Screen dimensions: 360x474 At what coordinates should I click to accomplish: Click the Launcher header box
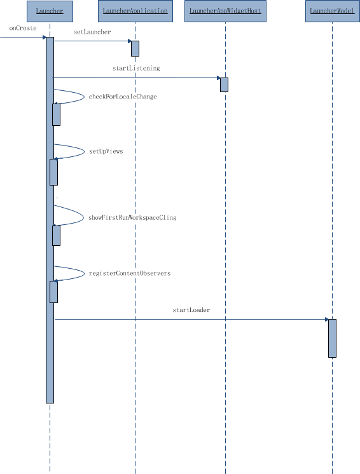tap(50, 11)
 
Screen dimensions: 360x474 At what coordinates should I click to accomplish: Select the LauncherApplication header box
tap(135, 11)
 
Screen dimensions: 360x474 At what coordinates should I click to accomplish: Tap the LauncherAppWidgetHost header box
tap(225, 11)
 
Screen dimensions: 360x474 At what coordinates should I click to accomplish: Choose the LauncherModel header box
tap(332, 11)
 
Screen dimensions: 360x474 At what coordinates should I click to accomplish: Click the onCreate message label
tap(23, 28)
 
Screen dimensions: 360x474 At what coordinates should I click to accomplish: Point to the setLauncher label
tap(92, 32)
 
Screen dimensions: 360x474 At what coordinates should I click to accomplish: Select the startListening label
tap(136, 69)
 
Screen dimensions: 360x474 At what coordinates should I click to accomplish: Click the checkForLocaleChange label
tap(123, 97)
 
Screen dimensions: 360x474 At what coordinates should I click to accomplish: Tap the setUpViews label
tap(106, 151)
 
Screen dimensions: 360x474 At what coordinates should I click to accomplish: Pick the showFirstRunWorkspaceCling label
tap(132, 217)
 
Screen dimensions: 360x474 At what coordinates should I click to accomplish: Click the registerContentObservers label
tap(130, 273)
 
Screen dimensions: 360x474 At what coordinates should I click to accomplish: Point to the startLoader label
tap(191, 310)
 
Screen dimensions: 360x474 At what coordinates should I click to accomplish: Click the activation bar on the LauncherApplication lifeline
tap(135, 49)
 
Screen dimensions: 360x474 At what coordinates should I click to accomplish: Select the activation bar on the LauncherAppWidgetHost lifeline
tap(224, 85)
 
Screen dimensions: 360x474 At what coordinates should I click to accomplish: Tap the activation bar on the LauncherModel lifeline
tap(332, 338)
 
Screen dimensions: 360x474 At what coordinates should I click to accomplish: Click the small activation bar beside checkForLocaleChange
tap(56, 114)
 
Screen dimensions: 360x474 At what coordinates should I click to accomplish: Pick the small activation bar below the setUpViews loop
tap(53, 172)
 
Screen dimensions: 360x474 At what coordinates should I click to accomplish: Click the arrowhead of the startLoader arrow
tap(327, 319)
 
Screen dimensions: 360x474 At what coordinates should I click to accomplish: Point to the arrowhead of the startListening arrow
tap(219, 78)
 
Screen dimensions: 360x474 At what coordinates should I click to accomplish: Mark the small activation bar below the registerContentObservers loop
tap(53, 292)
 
